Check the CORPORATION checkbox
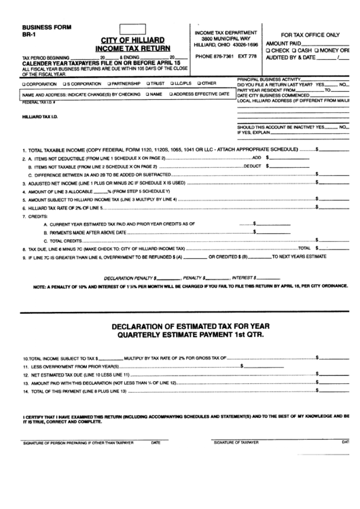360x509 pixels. point(24,82)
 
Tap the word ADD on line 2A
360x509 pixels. point(256,156)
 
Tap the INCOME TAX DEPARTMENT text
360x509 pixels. point(226,33)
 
